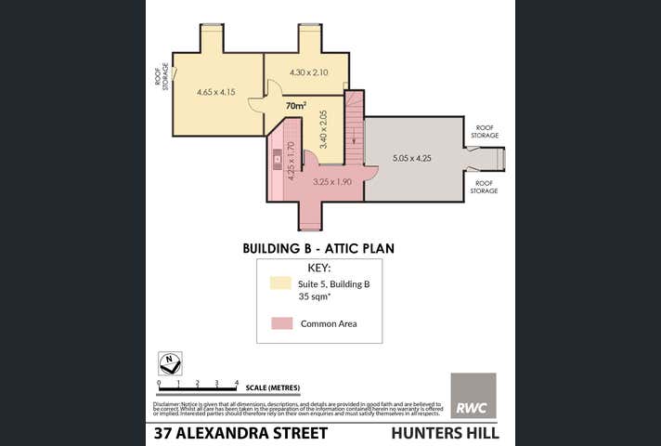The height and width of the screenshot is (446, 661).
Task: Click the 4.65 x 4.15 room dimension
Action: pos(216,93)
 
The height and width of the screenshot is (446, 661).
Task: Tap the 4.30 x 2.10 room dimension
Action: pos(309,72)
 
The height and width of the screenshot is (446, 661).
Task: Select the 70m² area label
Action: pos(295,106)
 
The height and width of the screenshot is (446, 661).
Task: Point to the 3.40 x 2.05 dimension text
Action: pos(322,130)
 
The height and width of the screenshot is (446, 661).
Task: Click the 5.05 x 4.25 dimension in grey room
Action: pos(411,158)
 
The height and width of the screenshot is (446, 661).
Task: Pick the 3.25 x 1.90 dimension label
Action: pos(331,182)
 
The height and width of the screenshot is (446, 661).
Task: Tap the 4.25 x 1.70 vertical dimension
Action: pos(291,160)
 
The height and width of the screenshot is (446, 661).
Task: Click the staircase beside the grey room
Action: pos(354,125)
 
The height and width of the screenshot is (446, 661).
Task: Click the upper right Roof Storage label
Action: pos(485,132)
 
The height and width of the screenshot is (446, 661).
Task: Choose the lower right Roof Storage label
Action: pos(485,187)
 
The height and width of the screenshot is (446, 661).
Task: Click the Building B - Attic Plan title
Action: pos(318,248)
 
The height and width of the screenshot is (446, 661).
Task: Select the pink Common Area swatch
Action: pos(282,323)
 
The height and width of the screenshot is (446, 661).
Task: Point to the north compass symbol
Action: pos(170,363)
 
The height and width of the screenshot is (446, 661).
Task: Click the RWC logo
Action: pos(473,396)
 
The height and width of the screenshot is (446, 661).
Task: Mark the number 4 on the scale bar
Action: pos(237,382)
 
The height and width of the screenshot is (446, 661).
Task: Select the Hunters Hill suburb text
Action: pos(445,433)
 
